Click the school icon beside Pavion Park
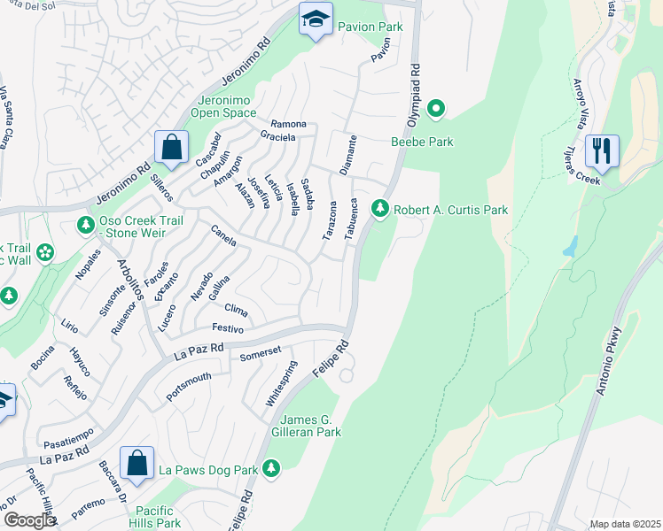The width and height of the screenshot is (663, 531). (315, 19)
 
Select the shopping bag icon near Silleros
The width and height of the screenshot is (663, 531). (171, 146)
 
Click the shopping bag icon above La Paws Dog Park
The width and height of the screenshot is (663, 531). (136, 462)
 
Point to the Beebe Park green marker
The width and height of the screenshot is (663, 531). (435, 110)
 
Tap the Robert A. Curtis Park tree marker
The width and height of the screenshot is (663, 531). (380, 208)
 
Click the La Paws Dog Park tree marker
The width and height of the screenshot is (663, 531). (271, 468)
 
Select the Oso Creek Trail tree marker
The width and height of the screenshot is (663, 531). (86, 225)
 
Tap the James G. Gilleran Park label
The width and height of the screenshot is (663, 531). (310, 425)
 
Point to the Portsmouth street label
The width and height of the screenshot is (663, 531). (189, 388)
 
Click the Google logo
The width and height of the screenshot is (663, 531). (30, 520)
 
